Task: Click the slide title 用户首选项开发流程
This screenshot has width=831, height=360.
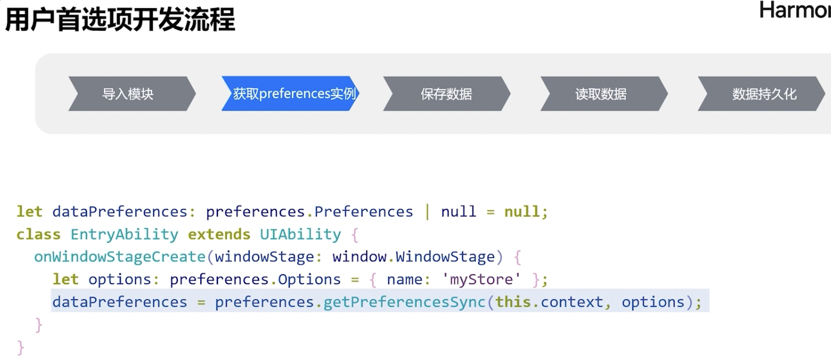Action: pos(120,20)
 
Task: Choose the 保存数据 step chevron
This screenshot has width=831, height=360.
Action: pos(446,94)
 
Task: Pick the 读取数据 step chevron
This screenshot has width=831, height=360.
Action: pos(601,94)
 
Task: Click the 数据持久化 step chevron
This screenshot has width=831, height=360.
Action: pos(764,94)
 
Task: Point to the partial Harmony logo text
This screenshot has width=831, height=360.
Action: pos(795,10)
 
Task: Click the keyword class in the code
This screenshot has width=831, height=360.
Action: pos(38,234)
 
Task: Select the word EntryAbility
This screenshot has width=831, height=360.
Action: pos(124,234)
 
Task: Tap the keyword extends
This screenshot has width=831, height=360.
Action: pos(219,234)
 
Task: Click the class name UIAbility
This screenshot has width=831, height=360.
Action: pos(301,234)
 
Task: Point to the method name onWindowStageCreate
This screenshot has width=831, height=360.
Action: pos(119,257)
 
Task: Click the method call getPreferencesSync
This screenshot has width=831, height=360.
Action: pos(405,302)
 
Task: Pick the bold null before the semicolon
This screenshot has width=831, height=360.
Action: pos(522,212)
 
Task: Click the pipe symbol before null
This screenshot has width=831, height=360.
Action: pos(427,212)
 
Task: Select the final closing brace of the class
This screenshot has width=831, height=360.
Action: pos(21,347)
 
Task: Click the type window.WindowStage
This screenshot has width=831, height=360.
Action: pos(413,257)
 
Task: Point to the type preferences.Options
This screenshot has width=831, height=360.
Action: pos(255,280)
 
